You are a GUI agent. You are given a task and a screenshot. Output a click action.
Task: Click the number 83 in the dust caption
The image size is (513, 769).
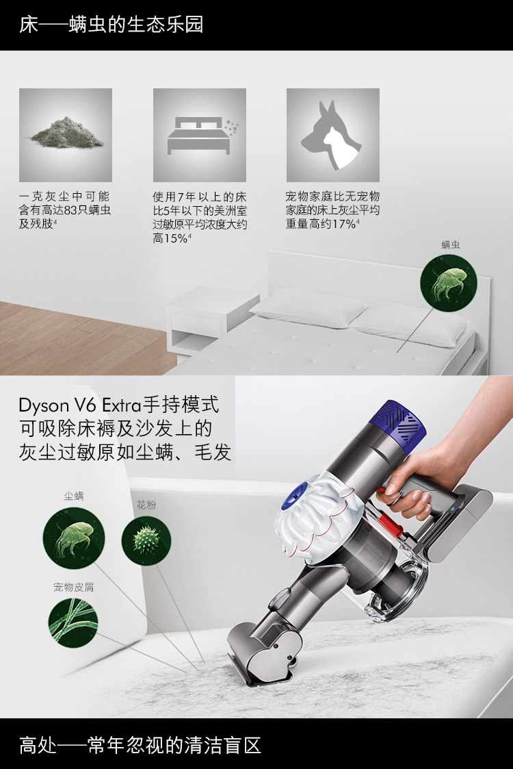[x=72, y=210]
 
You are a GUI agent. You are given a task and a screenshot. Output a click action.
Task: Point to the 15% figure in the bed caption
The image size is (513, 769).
[x=175, y=238]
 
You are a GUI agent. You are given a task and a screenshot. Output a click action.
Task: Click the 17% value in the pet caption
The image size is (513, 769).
[x=344, y=224]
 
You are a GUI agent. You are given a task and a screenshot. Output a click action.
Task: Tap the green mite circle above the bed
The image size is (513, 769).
[x=448, y=283]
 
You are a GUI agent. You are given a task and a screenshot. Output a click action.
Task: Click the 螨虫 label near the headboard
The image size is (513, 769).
[x=450, y=244]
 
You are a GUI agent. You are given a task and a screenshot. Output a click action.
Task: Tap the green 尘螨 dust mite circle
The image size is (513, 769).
[x=74, y=538]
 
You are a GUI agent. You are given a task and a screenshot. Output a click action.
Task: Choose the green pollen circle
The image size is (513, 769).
[x=146, y=540]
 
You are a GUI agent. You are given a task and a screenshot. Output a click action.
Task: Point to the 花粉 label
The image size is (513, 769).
[x=146, y=505]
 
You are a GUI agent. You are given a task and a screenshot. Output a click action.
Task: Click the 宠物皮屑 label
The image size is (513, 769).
[x=73, y=587]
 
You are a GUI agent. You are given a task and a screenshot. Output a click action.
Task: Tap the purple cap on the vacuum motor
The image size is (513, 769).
[x=402, y=422]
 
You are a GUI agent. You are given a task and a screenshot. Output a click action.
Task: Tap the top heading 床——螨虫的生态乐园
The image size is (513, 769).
[x=111, y=25]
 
